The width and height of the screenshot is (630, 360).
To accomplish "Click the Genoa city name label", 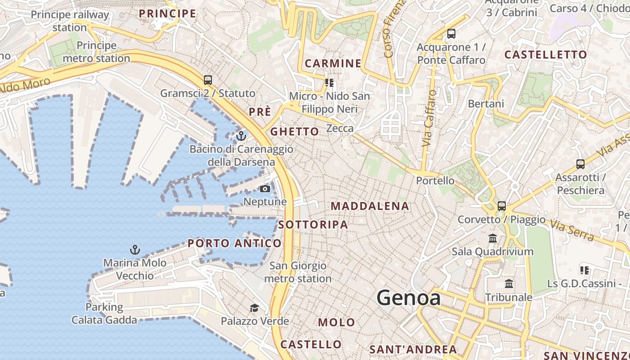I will coord(408,298).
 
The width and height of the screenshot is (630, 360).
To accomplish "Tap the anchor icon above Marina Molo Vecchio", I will coord(135,250).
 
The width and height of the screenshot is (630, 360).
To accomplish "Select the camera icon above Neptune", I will coord(265,189).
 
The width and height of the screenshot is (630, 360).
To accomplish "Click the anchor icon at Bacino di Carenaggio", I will coord(241,135).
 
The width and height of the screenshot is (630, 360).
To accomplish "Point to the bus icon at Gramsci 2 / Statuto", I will coord(207,80).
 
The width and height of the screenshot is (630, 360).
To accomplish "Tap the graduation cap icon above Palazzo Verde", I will coord(255,308).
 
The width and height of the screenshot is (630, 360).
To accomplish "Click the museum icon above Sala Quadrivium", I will coord(493,238).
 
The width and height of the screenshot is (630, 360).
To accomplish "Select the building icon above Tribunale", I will coord(509,284).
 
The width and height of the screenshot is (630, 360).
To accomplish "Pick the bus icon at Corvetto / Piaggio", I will coord(501,206).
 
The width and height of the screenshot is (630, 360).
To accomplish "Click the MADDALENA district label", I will coord(370,207).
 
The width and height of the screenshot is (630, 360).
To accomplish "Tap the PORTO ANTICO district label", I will coord(234,243).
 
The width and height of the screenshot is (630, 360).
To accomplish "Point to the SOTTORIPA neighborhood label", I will coord(313,225).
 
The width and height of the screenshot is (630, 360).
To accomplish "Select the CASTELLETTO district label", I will coord(545,55).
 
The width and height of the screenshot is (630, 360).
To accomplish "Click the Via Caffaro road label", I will coord(429,118).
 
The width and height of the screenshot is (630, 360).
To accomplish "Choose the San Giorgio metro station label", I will coord(298,272).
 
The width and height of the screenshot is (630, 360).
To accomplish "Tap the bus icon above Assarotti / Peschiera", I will coord(580,164).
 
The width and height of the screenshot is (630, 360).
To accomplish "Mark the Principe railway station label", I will coord(70,21).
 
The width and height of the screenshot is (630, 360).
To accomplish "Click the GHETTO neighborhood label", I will coord(295,131).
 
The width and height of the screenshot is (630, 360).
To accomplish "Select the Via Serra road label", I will coord(573,230).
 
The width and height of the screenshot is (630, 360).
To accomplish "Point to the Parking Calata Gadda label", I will coord(104,314).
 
